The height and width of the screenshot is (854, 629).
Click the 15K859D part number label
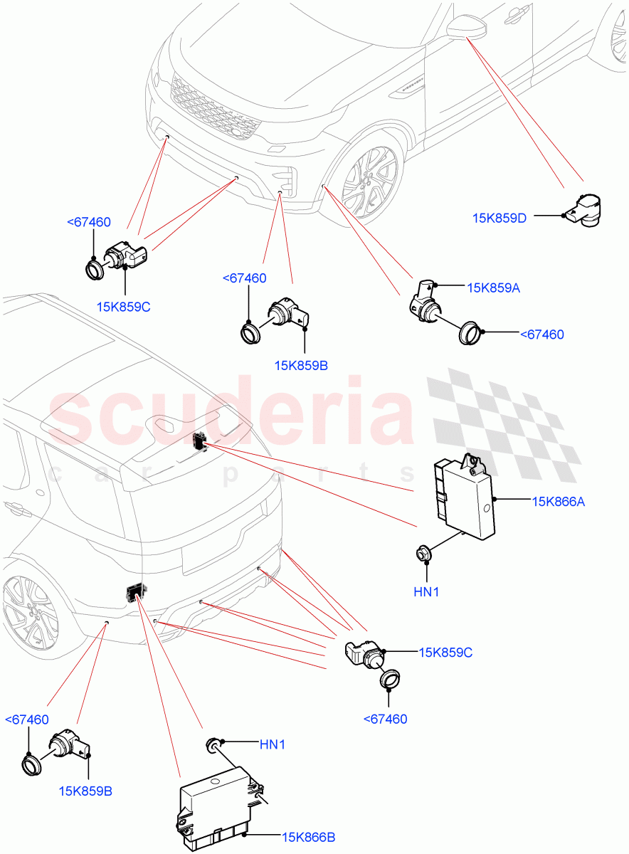point(499,218)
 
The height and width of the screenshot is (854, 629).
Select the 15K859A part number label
point(494,288)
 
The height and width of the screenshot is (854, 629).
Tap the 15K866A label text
point(558,501)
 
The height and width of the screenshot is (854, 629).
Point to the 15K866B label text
point(308,838)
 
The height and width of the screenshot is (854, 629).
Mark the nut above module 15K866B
point(213,744)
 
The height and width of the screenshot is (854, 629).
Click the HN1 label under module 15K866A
point(425,591)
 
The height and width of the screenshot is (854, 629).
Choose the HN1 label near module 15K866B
point(272,744)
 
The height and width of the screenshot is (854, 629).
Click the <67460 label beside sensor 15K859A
point(541,334)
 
